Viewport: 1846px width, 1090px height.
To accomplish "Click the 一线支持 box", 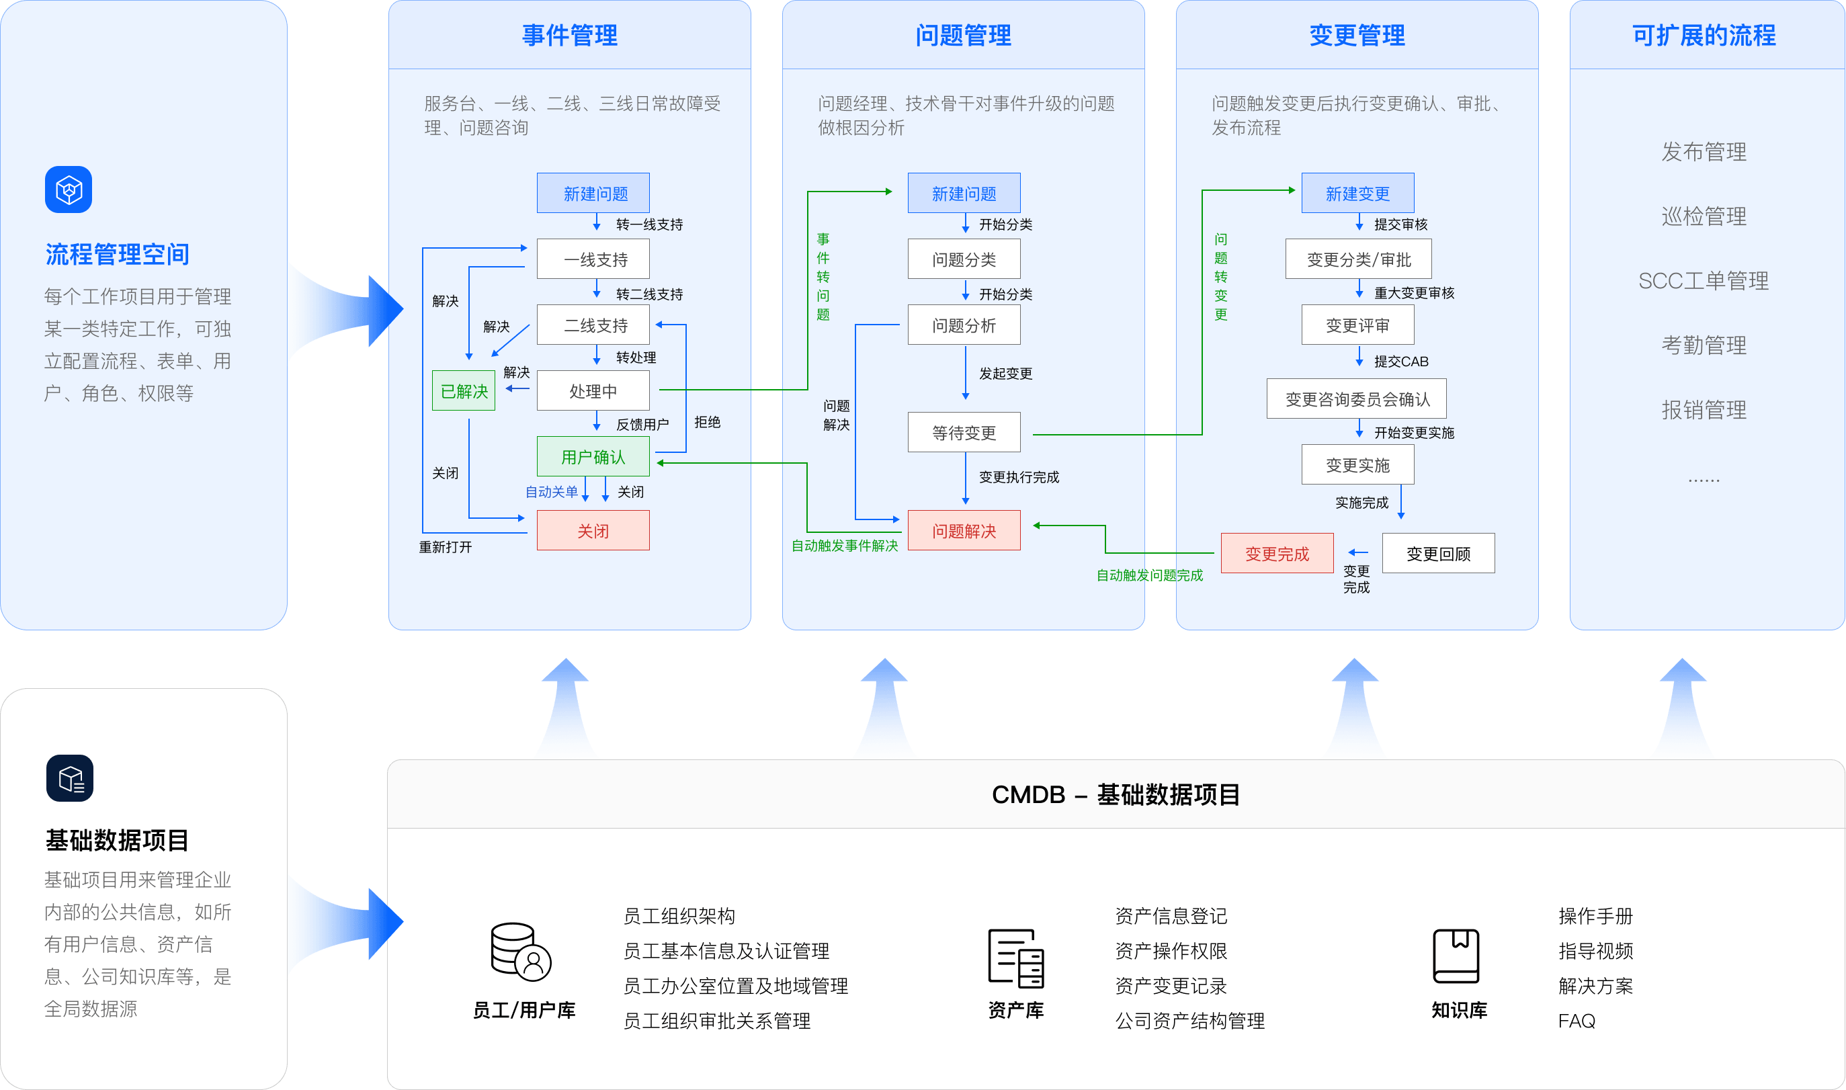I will [593, 259].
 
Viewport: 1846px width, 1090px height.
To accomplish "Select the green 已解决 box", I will [463, 390].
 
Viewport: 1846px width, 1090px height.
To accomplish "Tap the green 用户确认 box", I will [593, 457].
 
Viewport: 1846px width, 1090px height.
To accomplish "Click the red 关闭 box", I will [593, 530].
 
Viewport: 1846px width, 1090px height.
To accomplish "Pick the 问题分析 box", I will [964, 325].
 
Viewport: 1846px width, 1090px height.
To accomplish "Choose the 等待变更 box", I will [964, 433].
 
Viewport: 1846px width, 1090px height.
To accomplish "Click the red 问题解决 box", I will [964, 530].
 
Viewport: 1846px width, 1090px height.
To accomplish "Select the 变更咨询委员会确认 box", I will [1356, 399].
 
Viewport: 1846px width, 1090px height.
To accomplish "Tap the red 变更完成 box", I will [1276, 554].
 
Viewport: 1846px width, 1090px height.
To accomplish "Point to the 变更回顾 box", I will [1437, 554].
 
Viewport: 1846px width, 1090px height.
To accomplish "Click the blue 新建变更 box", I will [1357, 193].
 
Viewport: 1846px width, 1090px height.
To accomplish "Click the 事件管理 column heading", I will [569, 35].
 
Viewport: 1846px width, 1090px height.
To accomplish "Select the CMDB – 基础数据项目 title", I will [1116, 795].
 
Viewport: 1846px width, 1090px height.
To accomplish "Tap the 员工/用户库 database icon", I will [520, 952].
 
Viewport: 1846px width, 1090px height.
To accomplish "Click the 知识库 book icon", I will [1456, 956].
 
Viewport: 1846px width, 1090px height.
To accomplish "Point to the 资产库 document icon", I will [1015, 958].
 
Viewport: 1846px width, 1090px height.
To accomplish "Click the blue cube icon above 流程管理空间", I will [69, 190].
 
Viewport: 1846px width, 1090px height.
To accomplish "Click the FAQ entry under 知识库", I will [1576, 1021].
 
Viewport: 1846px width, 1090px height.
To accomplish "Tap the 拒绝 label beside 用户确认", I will [707, 422].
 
